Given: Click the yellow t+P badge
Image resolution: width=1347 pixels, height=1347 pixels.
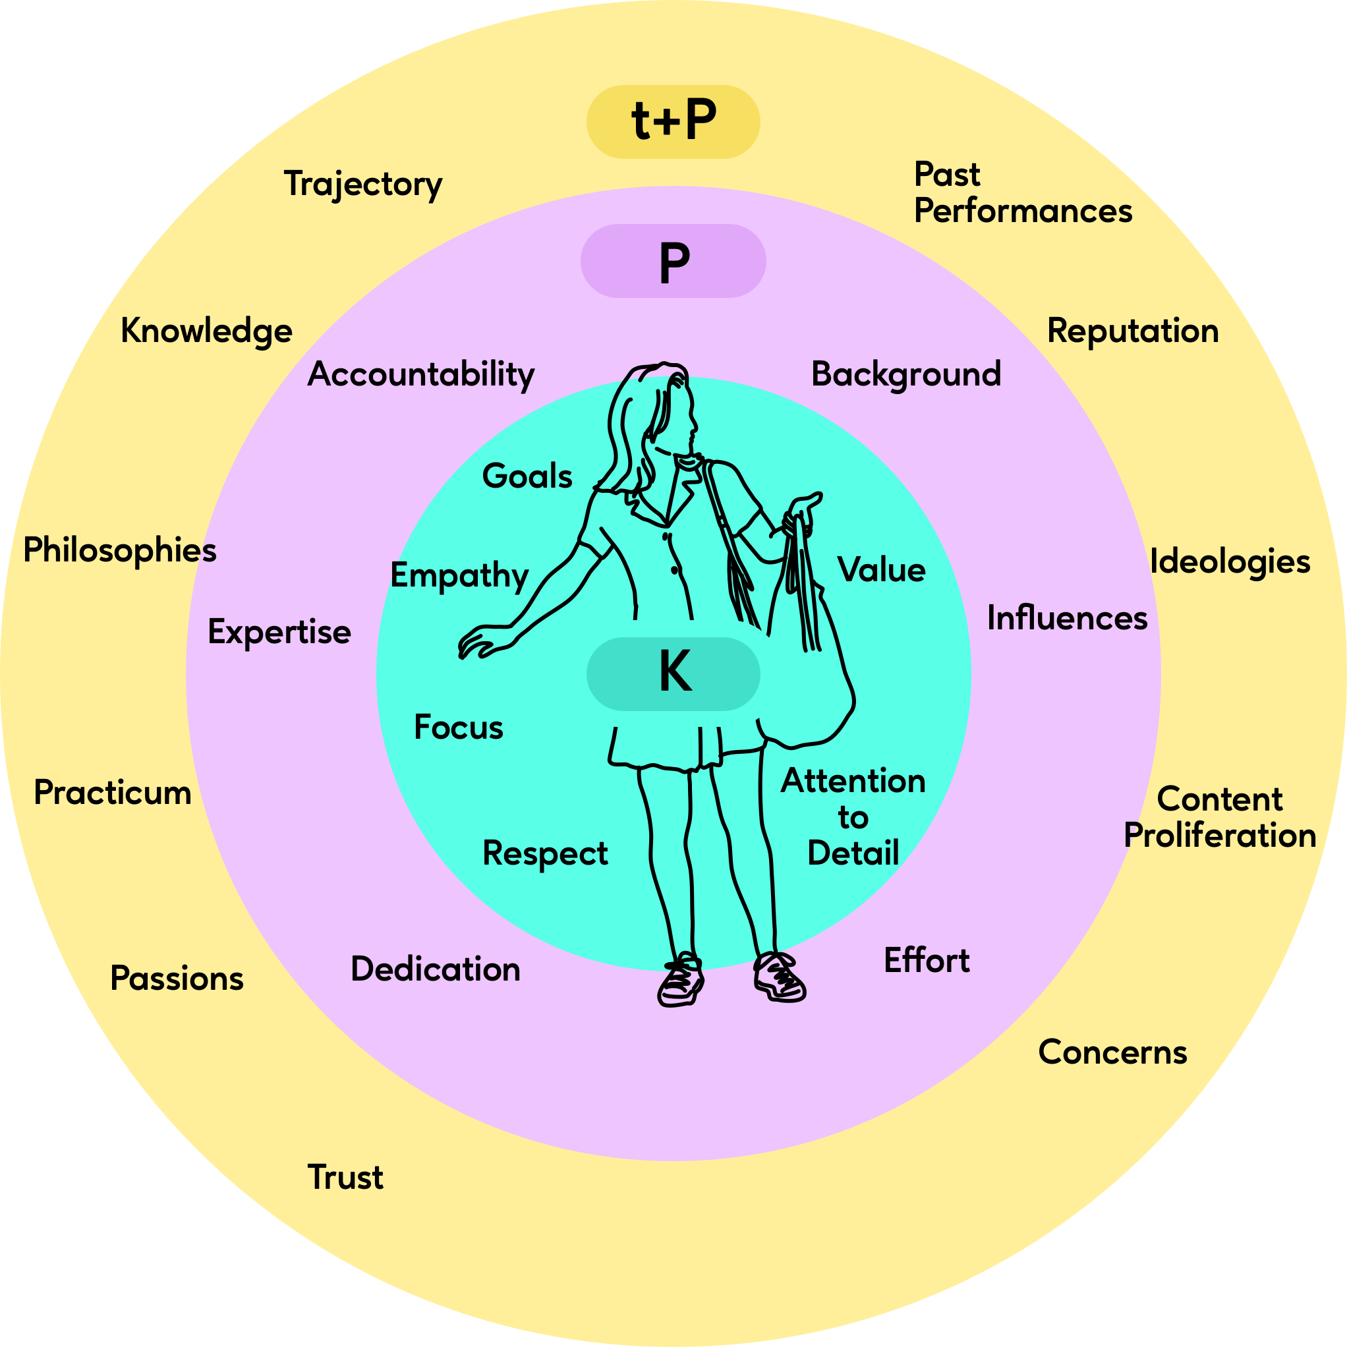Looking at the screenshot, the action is click(673, 122).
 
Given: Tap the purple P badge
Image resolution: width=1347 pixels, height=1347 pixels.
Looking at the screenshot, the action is click(673, 262).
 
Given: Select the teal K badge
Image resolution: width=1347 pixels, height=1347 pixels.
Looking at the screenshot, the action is click(673, 673).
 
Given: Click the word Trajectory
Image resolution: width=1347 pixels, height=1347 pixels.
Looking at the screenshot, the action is click(362, 184).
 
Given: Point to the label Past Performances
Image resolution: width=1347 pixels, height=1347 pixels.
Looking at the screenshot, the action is click(1022, 193).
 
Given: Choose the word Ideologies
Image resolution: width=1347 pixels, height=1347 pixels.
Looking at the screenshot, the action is click(1230, 561).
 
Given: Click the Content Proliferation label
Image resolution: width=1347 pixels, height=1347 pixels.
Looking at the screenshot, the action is click(1219, 817).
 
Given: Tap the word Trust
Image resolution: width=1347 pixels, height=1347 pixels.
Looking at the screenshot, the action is click(345, 1178).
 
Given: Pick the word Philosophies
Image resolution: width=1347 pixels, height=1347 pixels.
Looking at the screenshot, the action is click(120, 551).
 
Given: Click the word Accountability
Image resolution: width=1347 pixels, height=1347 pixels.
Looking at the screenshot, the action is click(420, 375).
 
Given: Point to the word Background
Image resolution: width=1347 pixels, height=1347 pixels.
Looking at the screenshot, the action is click(905, 374).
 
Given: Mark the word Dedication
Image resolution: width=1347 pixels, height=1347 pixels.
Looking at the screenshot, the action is click(435, 970).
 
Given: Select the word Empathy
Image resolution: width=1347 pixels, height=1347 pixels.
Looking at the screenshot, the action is click(459, 576).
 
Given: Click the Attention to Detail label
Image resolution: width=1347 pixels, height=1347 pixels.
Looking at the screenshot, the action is click(853, 817).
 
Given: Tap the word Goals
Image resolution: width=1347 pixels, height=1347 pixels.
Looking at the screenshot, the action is click(527, 477).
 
